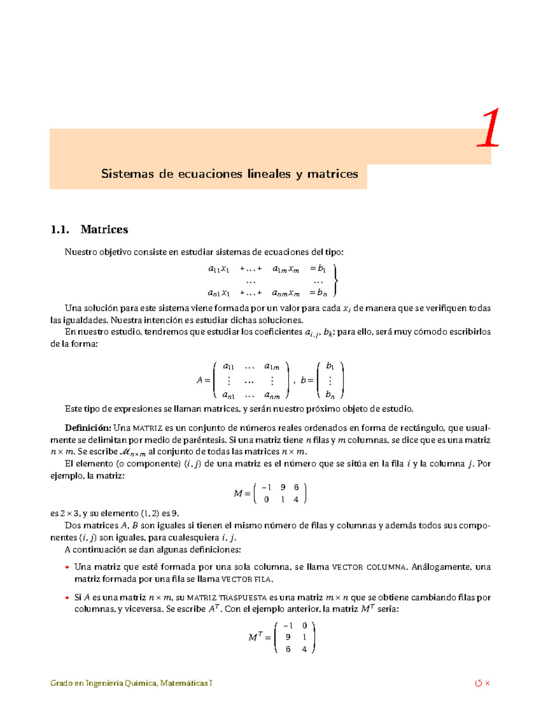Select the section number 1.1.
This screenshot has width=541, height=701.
pyautogui.click(x=60, y=229)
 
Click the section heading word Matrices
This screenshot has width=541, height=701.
pyautogui.click(x=104, y=229)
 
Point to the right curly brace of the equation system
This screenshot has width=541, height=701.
pyautogui.click(x=335, y=280)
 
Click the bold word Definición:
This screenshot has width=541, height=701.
pyautogui.click(x=88, y=427)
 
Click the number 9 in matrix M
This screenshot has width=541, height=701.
pyautogui.click(x=283, y=487)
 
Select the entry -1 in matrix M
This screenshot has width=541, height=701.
pyautogui.click(x=266, y=487)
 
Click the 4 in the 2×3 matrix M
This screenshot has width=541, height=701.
pyautogui.click(x=296, y=500)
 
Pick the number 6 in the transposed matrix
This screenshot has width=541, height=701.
pyautogui.click(x=288, y=649)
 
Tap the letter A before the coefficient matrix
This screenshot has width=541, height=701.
pyautogui.click(x=199, y=380)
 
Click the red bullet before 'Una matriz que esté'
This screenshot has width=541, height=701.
pyautogui.click(x=67, y=567)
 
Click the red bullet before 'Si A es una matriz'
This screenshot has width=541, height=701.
pyautogui.click(x=67, y=598)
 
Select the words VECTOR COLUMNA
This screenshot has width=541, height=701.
pyautogui.click(x=369, y=567)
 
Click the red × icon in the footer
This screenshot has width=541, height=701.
pyautogui.click(x=487, y=683)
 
